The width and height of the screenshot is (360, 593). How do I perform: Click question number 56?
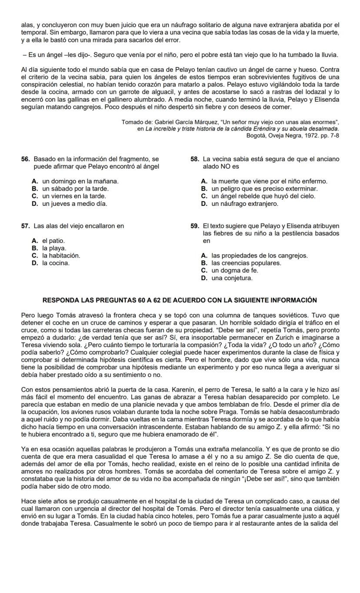(26, 159)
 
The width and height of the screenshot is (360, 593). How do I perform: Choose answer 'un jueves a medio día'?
(74, 203)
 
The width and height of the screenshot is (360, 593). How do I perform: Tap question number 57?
(26, 226)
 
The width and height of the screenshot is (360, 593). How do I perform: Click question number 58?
(195, 159)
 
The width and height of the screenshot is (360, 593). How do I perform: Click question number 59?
(195, 226)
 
